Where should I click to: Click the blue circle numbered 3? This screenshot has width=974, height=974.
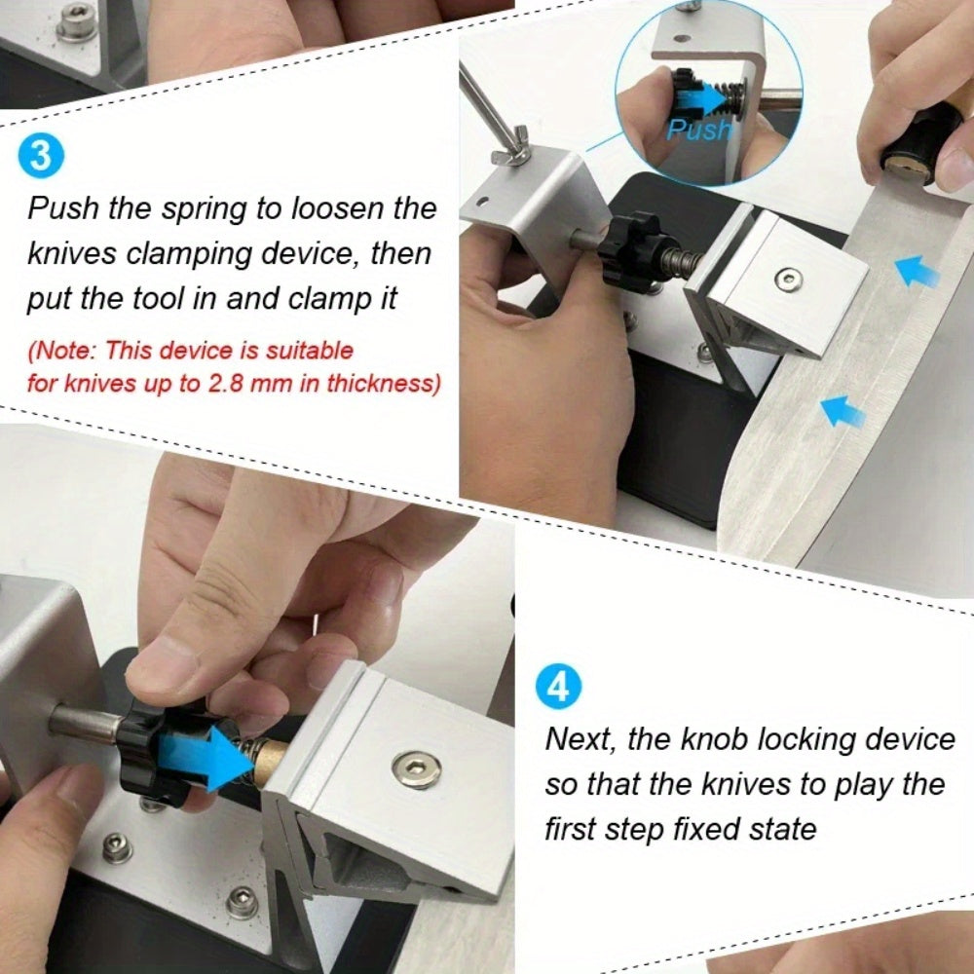40,155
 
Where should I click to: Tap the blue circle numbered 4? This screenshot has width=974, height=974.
559,687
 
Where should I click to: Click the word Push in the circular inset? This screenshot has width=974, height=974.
700,130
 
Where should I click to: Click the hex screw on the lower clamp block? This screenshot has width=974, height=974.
417,769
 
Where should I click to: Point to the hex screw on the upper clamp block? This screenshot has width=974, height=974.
789,280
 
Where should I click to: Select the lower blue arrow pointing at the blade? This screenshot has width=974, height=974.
843,412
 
